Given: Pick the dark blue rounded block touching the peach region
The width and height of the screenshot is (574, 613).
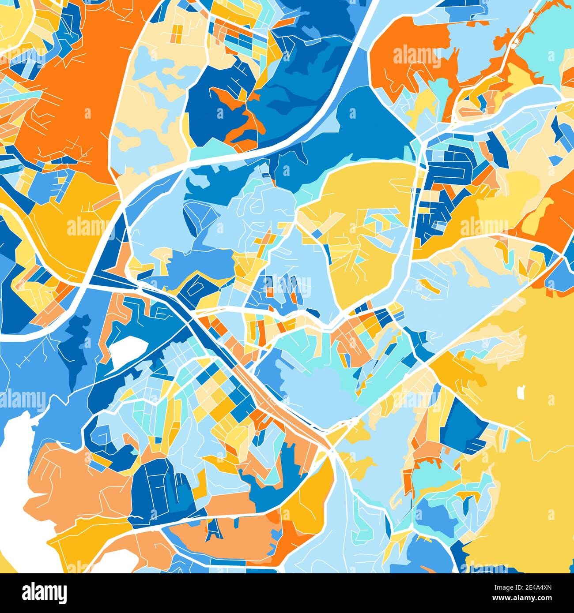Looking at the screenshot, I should point(152,490).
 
